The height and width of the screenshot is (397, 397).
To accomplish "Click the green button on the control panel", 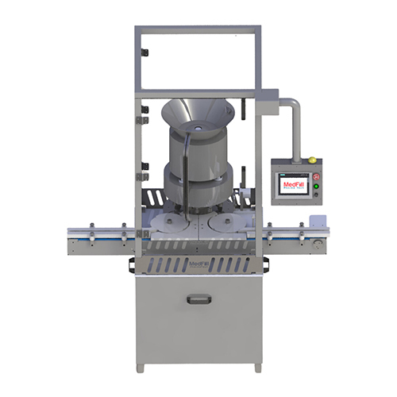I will point(315,186).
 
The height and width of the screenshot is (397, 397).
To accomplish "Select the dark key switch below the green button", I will point(315,195).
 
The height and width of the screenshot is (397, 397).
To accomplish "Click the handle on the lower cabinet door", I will point(198,299).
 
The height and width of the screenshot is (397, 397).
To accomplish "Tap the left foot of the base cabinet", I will point(141,367).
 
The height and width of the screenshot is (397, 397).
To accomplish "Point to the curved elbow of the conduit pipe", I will point(293,104).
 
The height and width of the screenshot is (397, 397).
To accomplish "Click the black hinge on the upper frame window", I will point(144,52).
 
